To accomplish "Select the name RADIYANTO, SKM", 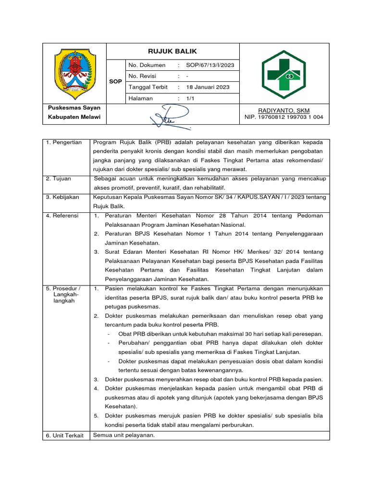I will [x=284, y=110].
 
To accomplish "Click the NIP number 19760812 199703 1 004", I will [x=284, y=117].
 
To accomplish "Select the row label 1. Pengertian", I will [x=64, y=143].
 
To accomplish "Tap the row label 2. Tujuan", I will [x=59, y=179].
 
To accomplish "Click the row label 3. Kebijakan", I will [x=62, y=197].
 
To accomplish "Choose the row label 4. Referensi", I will [x=62, y=216].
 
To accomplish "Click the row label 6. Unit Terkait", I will [x=65, y=435].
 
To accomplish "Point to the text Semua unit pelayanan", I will [x=123, y=435].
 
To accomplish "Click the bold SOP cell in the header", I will [x=115, y=81].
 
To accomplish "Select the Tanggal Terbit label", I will [x=148, y=87].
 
